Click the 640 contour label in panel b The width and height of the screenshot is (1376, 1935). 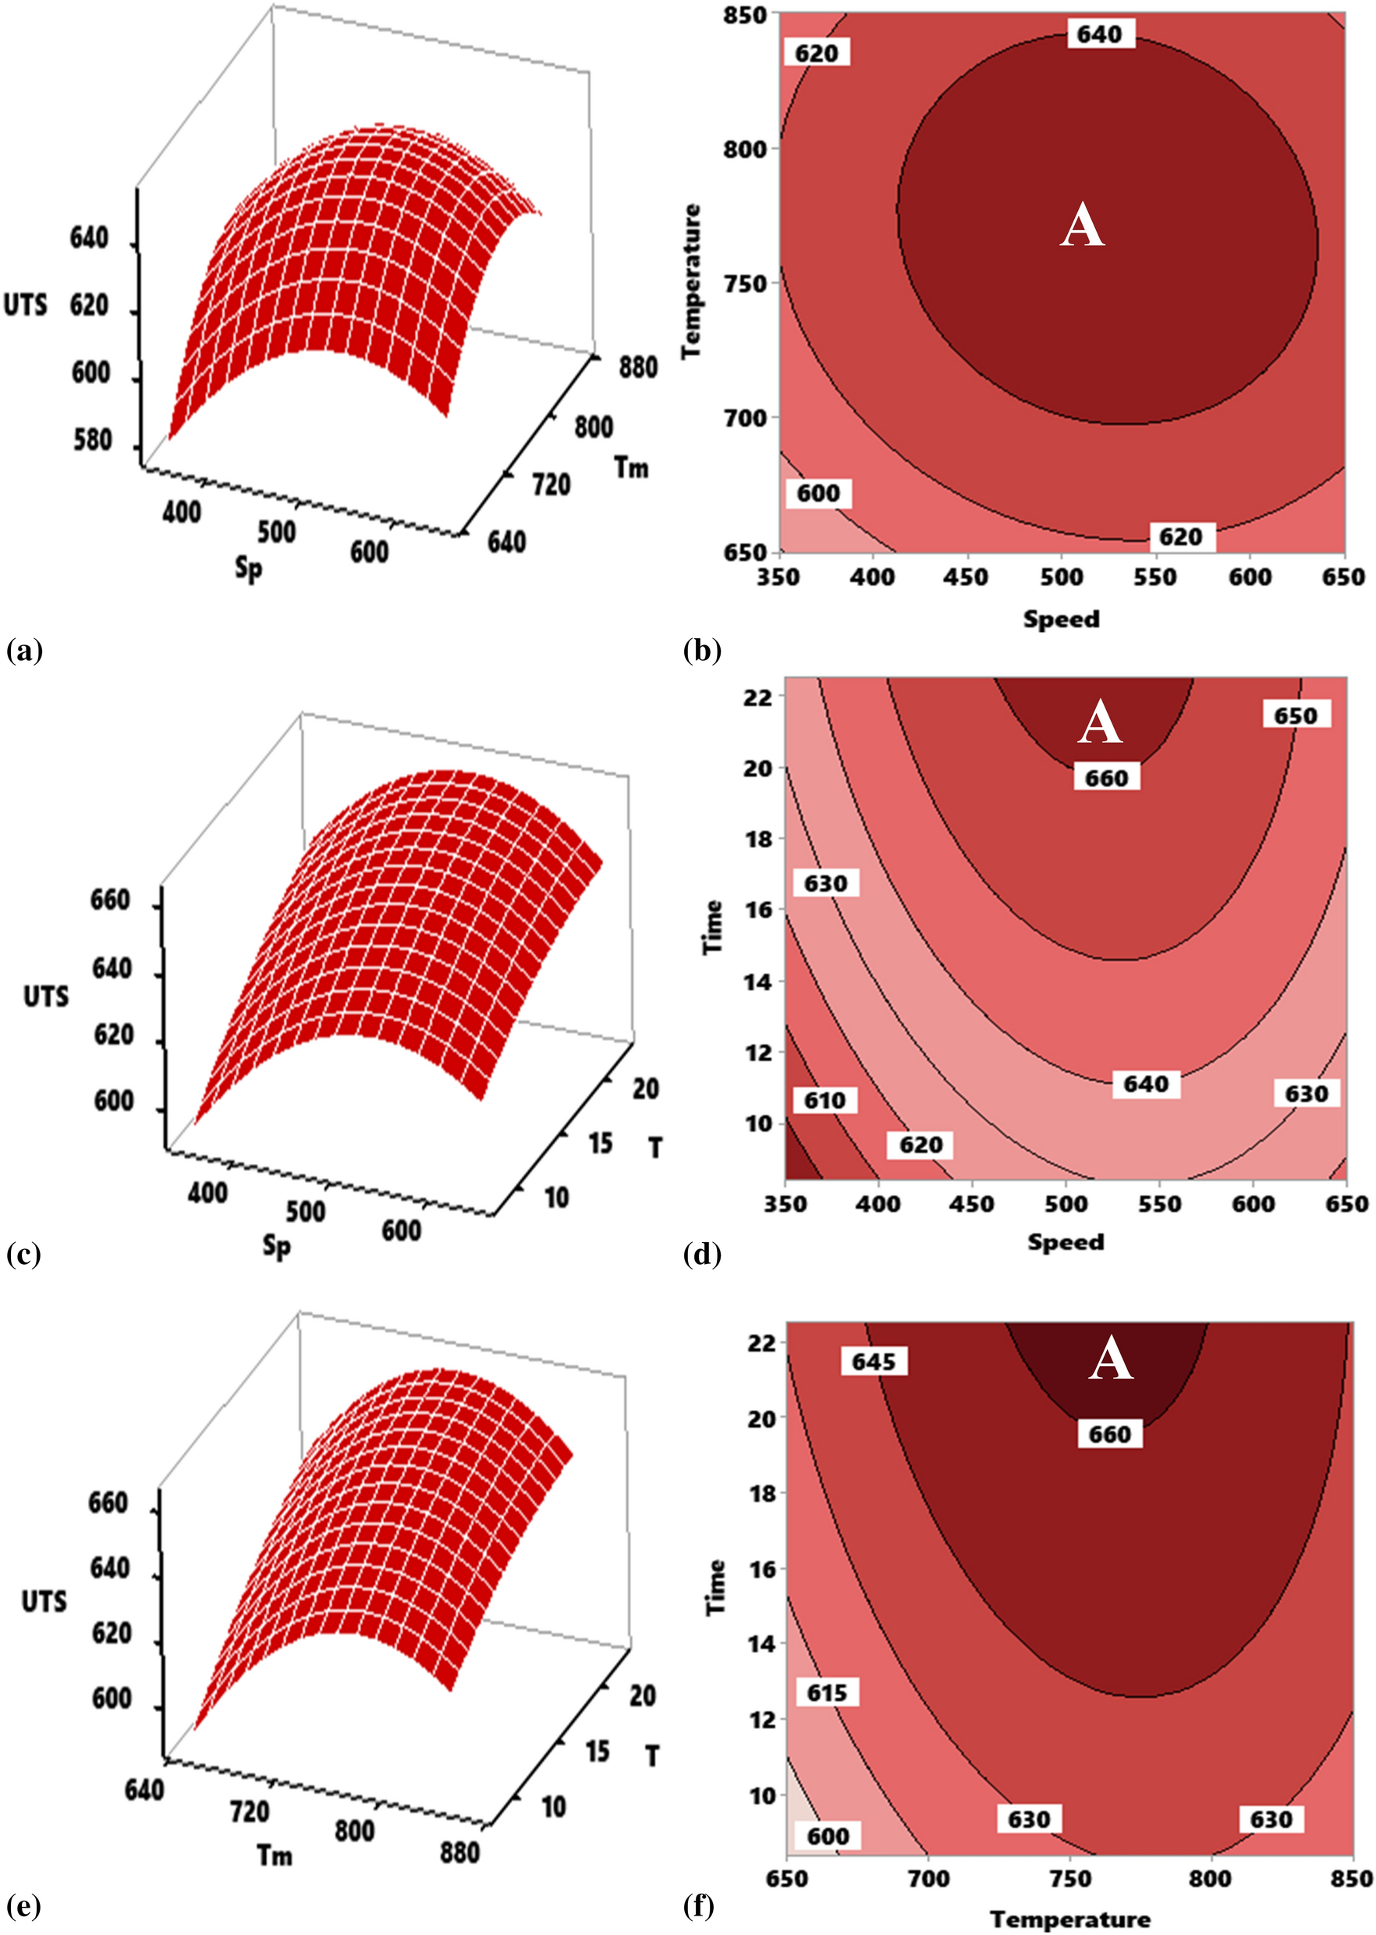(x=1099, y=35)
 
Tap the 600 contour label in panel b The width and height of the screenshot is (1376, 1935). (x=817, y=493)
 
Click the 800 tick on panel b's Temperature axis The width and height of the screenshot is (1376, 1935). (x=744, y=149)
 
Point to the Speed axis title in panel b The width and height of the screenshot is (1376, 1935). (x=1061, y=619)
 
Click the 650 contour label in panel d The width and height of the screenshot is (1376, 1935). (x=1296, y=715)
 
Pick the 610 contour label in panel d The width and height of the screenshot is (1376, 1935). (x=825, y=1100)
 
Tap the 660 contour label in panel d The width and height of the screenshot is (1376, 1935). (x=1106, y=777)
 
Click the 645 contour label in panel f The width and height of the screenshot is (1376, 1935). (x=874, y=1362)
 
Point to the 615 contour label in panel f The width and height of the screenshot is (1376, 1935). (x=826, y=1692)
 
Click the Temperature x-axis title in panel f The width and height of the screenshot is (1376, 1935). (x=1069, y=1919)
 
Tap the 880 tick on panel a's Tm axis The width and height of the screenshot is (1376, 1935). (x=637, y=367)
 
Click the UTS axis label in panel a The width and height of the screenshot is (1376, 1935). (x=26, y=305)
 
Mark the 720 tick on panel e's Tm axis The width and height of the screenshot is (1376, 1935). (x=249, y=1811)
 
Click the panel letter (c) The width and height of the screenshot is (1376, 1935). (x=23, y=1254)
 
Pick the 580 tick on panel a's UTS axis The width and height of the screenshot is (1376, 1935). (x=90, y=440)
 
